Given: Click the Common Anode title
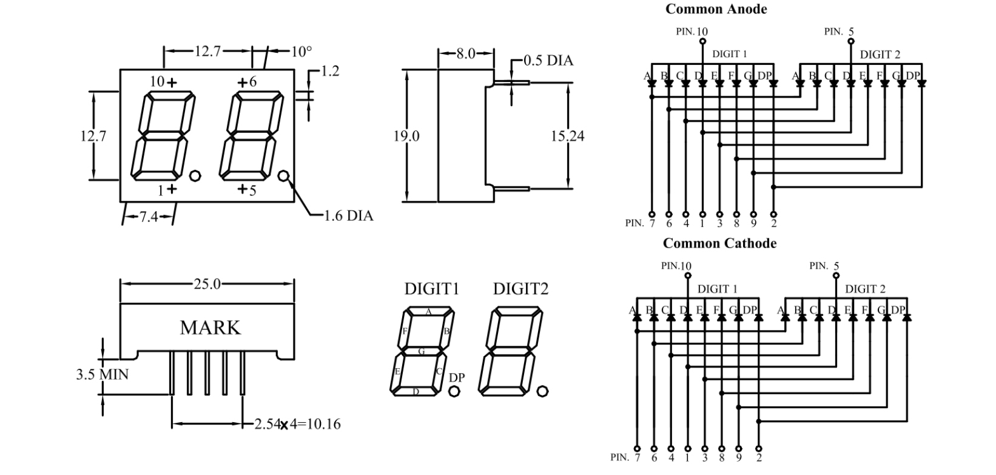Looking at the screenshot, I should pyautogui.click(x=716, y=9).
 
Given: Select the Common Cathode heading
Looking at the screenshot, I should pyautogui.click(x=719, y=243).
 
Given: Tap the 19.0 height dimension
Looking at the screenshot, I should pyautogui.click(x=406, y=136).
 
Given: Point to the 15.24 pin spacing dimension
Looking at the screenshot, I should pyautogui.click(x=567, y=136).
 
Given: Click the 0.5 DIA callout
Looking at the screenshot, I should pyautogui.click(x=548, y=60).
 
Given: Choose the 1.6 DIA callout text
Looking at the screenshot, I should pyautogui.click(x=348, y=215).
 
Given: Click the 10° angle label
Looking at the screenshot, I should pyautogui.click(x=301, y=52).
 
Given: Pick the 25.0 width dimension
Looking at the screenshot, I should pyautogui.click(x=207, y=284).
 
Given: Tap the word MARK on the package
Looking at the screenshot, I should pyautogui.click(x=210, y=328).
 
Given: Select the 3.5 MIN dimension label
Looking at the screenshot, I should pyautogui.click(x=102, y=374).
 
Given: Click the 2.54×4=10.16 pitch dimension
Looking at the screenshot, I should pyautogui.click(x=297, y=424).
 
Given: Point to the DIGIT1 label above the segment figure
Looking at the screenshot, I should pyautogui.click(x=431, y=289).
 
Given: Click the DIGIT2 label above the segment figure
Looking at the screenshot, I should pyautogui.click(x=520, y=289).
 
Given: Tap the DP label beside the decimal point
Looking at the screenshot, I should pyautogui.click(x=457, y=377).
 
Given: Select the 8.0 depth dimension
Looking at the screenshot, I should pyautogui.click(x=466, y=53).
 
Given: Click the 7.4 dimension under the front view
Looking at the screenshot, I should pyautogui.click(x=149, y=217).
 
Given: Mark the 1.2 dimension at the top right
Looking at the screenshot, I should pyautogui.click(x=329, y=71).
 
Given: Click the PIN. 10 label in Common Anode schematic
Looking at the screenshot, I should pyautogui.click(x=691, y=32).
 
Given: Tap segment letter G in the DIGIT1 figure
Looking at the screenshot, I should pyautogui.click(x=422, y=351).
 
